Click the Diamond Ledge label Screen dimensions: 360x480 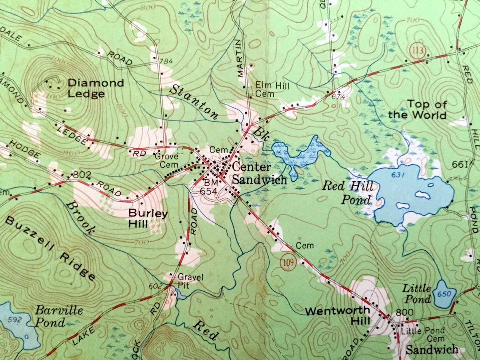96,88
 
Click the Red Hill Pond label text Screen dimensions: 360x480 347,192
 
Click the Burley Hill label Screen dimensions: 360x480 148,219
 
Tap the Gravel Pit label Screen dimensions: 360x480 190,280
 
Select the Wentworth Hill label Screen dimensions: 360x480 338,316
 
